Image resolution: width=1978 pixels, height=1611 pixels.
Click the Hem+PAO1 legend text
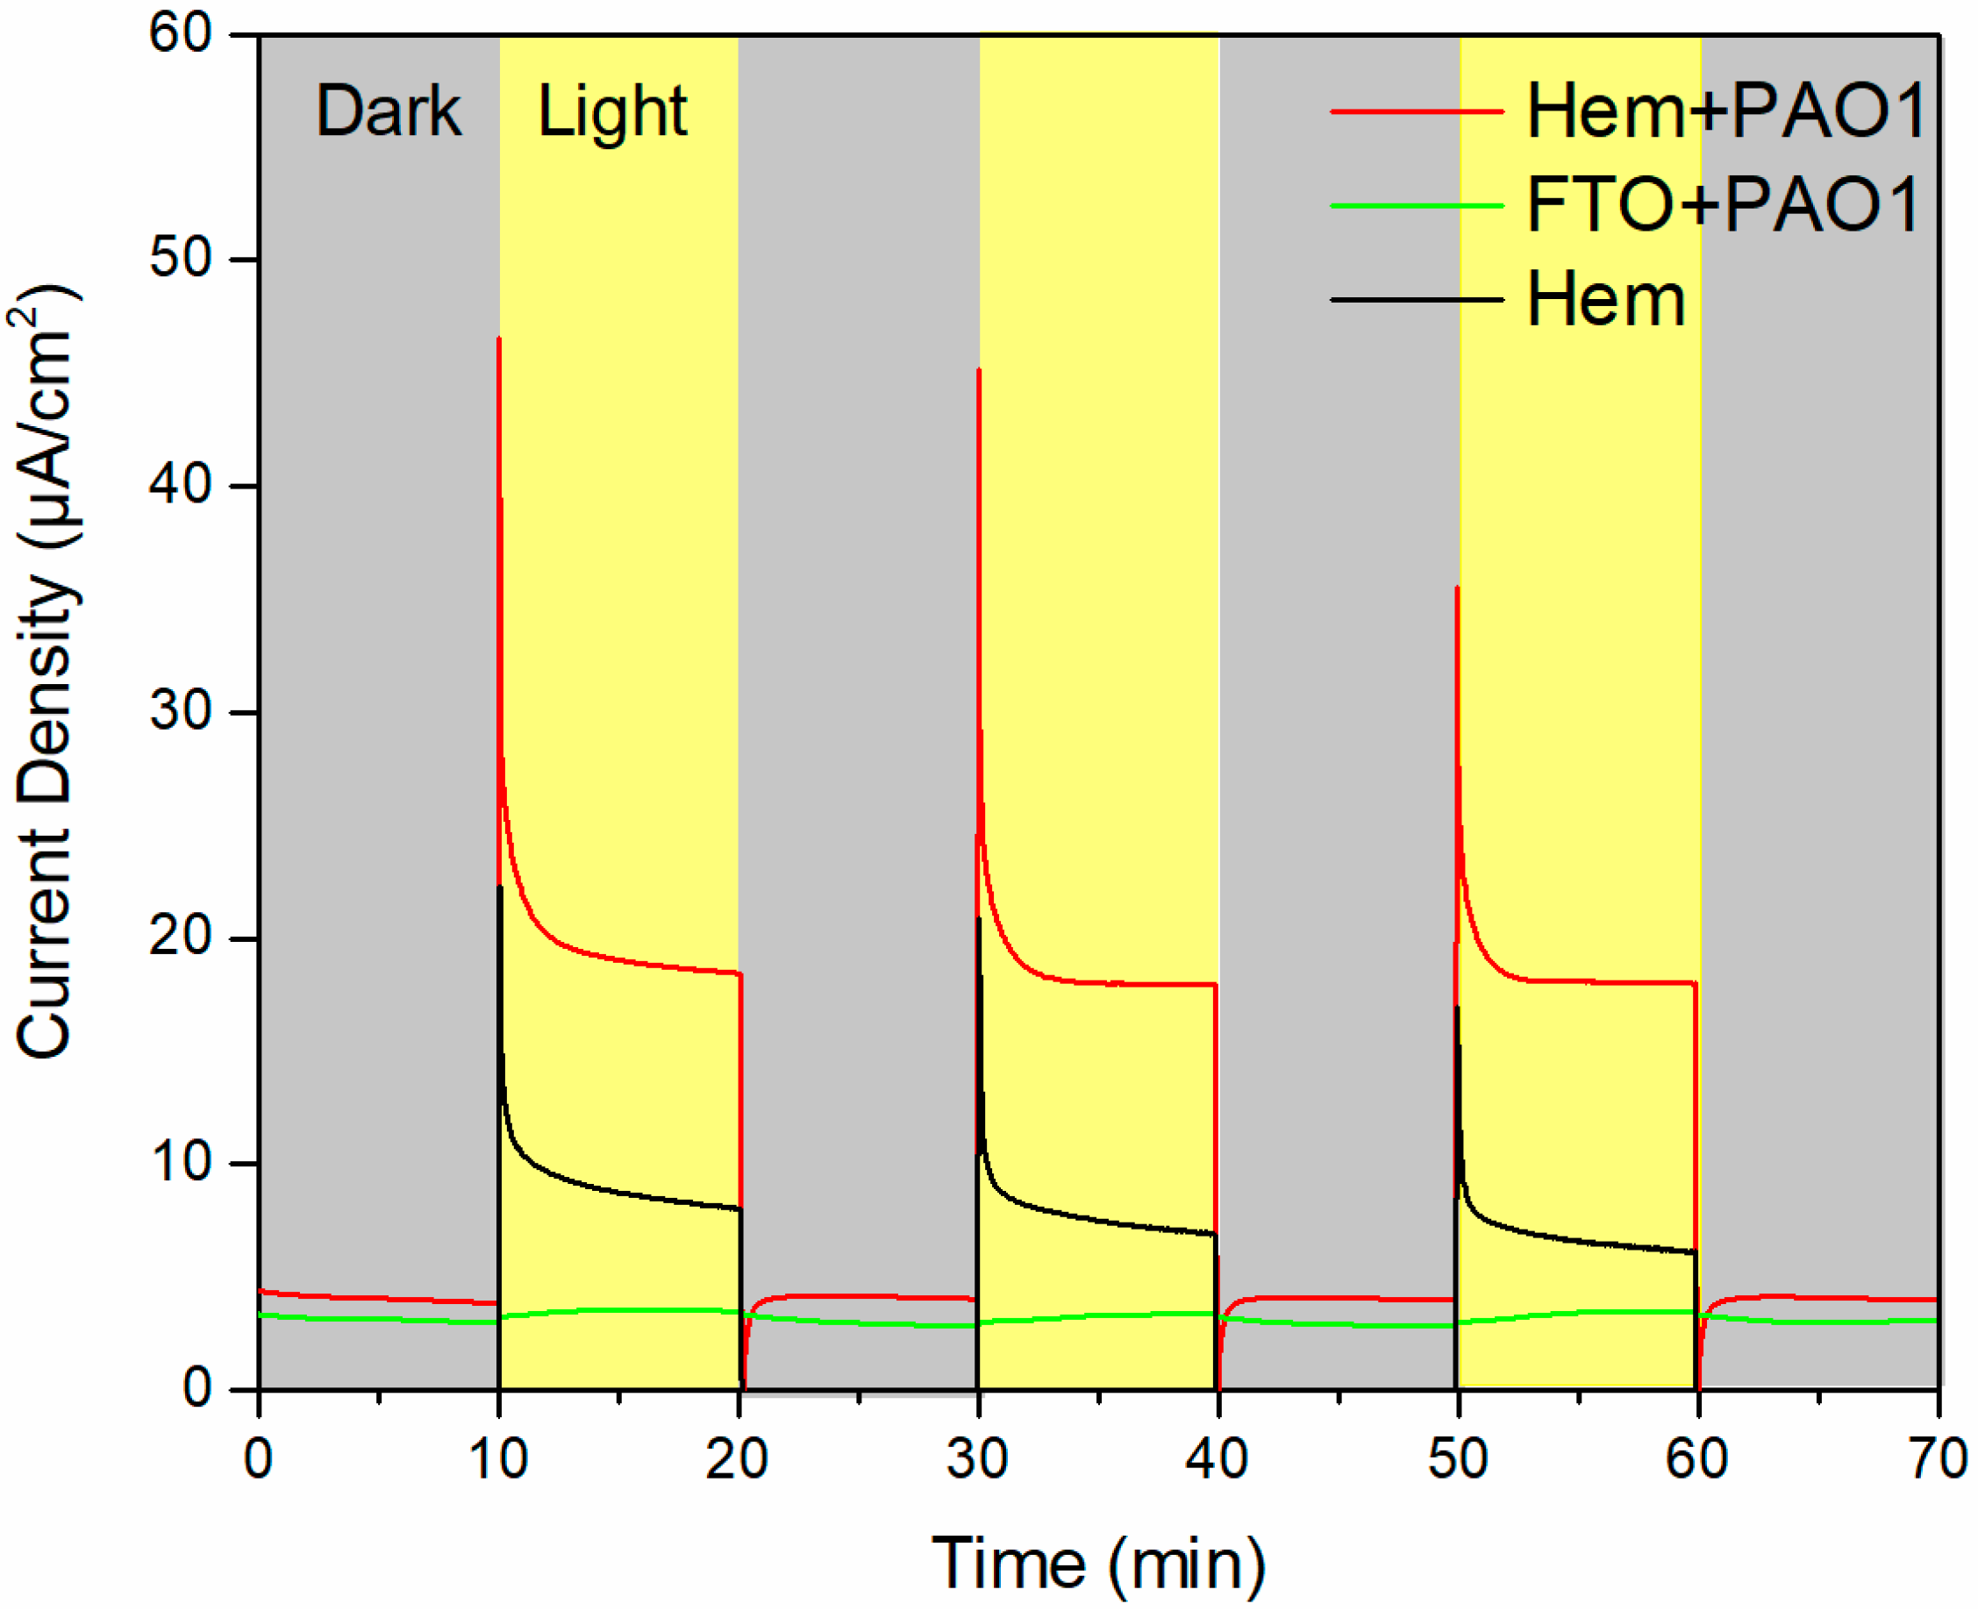(1725, 111)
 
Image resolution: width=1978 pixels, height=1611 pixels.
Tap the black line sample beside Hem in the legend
(1416, 300)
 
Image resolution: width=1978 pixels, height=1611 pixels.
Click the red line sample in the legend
(1416, 111)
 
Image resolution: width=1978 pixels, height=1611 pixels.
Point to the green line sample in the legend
(1416, 205)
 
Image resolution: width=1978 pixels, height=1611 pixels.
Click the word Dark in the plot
(388, 111)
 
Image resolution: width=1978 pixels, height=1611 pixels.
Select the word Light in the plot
(612, 111)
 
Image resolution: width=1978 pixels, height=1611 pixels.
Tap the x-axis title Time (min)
(1098, 1564)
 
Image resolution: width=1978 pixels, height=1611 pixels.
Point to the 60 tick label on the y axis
(182, 34)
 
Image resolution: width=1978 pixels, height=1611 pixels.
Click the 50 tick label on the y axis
(182, 259)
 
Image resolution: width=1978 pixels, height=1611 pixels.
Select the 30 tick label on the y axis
(182, 711)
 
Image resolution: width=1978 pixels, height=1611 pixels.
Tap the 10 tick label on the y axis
(182, 1162)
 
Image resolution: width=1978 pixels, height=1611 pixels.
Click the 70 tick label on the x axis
(1938, 1458)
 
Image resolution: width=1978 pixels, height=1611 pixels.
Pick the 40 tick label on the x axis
(1217, 1458)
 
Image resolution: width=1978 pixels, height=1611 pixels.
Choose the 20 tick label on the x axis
(737, 1458)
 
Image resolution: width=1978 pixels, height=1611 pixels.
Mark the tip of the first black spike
(500, 887)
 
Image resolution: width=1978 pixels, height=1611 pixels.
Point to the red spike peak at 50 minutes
(1457, 588)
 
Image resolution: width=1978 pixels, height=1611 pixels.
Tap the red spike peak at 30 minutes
(979, 369)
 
